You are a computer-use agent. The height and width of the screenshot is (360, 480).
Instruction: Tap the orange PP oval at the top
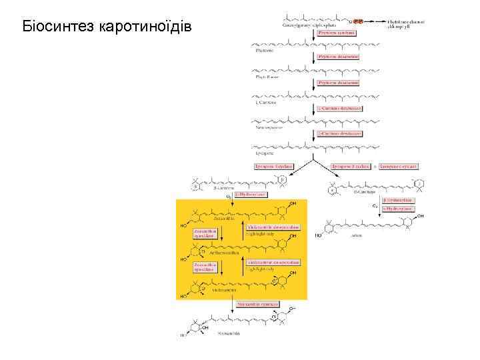358,21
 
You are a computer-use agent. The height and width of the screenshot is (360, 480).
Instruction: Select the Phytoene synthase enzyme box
337,32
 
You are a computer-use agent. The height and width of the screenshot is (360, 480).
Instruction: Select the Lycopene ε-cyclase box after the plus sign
399,165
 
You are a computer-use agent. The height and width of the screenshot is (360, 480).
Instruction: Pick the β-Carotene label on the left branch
223,189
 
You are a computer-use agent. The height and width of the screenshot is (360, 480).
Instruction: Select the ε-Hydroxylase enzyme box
399,209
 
